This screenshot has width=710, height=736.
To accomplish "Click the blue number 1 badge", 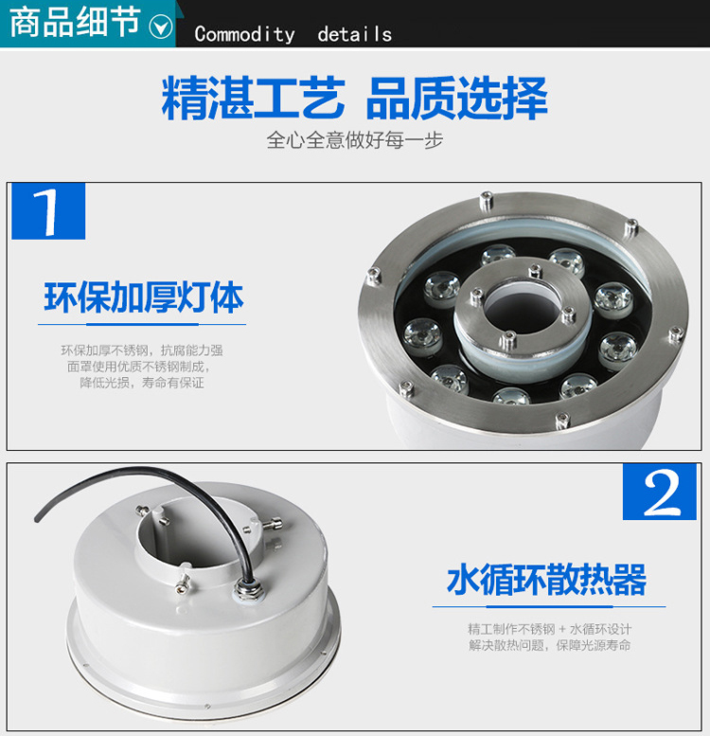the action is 48,211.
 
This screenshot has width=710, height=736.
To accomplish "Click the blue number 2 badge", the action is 659,492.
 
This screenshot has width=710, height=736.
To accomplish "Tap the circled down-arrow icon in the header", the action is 161,27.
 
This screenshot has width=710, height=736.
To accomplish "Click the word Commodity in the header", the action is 245,34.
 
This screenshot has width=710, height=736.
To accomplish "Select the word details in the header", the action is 355,34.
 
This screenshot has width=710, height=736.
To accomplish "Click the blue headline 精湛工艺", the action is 254,99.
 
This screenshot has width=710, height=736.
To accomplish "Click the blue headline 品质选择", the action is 456,99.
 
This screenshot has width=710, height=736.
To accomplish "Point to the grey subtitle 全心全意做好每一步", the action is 355,140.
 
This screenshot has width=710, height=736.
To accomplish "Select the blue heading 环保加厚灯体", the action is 144,297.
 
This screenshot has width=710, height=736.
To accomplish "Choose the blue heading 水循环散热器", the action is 547,580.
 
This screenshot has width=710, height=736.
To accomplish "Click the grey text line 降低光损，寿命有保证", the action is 142,383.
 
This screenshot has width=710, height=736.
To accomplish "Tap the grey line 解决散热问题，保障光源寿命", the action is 550,645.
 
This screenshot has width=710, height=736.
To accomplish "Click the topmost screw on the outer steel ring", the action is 487,201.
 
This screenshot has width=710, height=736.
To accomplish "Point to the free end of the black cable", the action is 38,517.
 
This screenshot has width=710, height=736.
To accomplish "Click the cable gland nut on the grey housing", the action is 248,589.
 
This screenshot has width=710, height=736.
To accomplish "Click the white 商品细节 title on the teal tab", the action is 75,22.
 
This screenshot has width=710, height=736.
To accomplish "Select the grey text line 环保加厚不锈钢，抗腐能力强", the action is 142,350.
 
